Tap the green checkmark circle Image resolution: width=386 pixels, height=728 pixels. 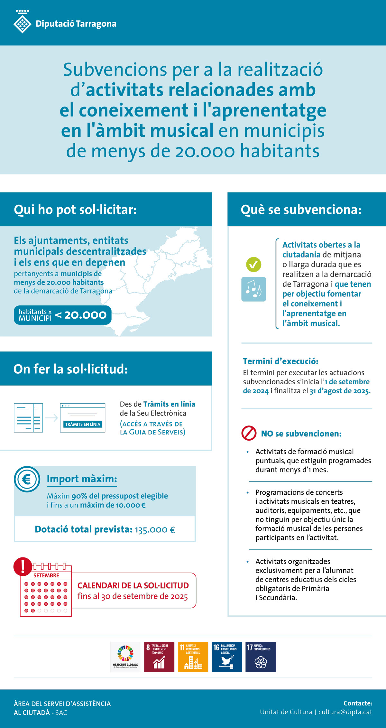click(x=253, y=265)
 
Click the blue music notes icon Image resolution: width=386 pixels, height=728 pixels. click(x=253, y=289)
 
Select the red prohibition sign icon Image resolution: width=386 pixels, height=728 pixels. click(x=249, y=433)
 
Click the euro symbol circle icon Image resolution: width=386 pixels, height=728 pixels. click(x=27, y=479)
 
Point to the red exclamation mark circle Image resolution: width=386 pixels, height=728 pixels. click(x=23, y=566)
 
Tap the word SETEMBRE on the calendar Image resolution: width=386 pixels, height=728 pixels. click(x=46, y=575)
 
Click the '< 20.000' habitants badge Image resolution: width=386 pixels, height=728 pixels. click(x=63, y=315)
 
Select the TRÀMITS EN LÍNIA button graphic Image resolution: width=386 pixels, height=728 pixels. click(x=83, y=424)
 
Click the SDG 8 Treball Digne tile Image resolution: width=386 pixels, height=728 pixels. click(x=159, y=657)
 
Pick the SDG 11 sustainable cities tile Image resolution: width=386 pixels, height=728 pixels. click(x=193, y=657)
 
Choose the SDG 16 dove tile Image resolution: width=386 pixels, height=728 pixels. click(x=227, y=657)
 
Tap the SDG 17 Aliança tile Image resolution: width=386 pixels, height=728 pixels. click(x=261, y=657)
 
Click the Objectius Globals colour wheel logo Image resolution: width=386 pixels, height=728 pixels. click(x=125, y=657)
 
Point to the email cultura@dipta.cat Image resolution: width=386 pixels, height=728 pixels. click(x=345, y=712)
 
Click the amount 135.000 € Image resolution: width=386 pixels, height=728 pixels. click(x=155, y=530)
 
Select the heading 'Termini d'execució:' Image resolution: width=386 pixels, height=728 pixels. click(x=280, y=361)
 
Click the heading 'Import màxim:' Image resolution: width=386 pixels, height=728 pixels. click(x=82, y=479)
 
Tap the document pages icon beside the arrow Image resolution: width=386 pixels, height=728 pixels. click(x=28, y=418)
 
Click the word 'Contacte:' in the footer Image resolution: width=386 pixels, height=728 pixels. click(x=358, y=703)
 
